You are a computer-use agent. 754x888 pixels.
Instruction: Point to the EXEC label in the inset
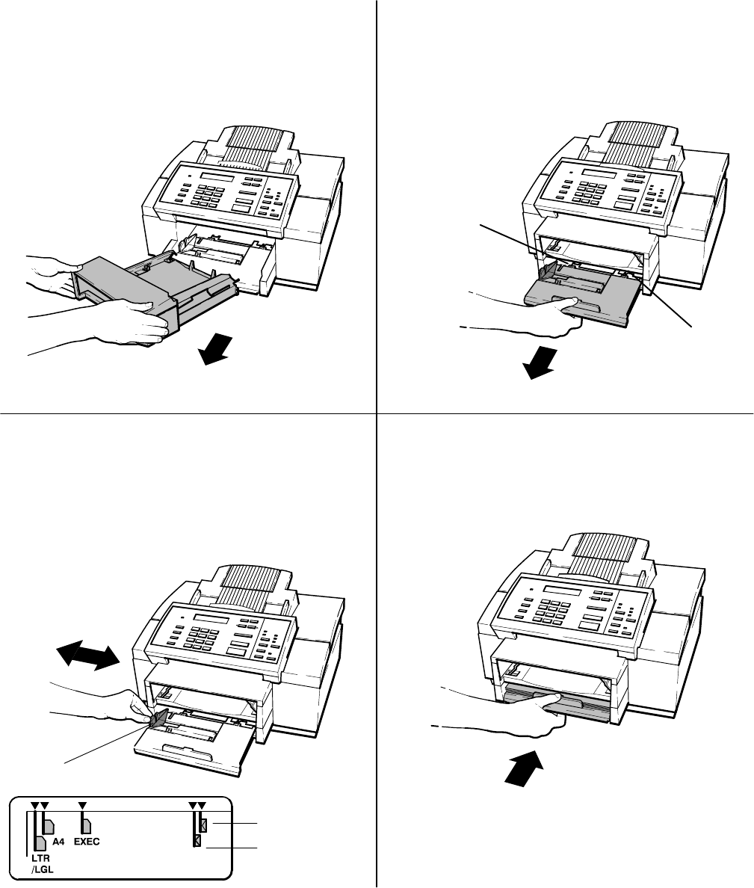(x=87, y=841)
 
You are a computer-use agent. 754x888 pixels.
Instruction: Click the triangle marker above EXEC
(x=83, y=806)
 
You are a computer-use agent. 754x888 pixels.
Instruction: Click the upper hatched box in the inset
(x=203, y=825)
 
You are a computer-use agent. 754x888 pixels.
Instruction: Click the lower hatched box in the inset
(x=197, y=841)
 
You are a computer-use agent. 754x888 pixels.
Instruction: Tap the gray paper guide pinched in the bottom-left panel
(x=159, y=720)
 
